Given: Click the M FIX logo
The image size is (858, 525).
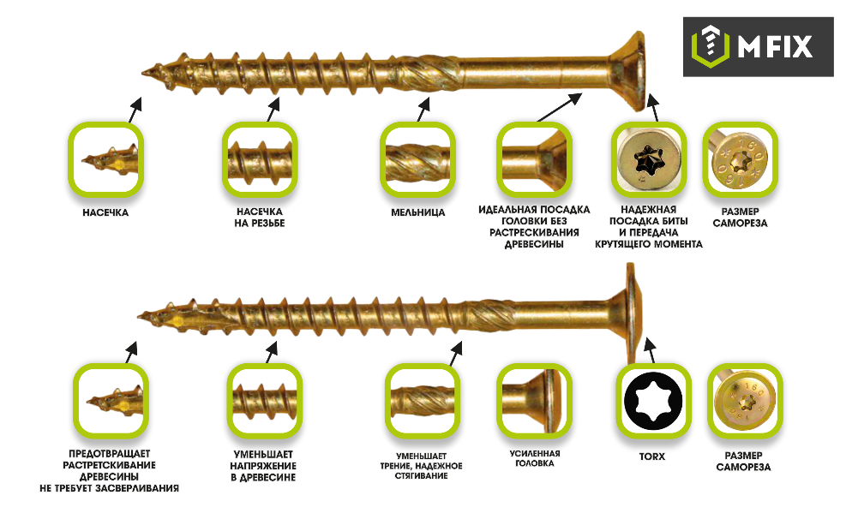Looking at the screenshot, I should [758, 46].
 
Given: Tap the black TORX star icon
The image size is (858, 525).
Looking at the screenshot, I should [652, 401].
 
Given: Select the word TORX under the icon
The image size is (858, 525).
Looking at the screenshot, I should [652, 456].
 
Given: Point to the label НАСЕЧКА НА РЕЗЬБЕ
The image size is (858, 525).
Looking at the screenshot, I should [260, 218].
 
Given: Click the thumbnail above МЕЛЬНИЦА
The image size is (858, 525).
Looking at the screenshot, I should [417, 159].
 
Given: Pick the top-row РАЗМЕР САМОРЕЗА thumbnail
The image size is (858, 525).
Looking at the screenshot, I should [740, 159].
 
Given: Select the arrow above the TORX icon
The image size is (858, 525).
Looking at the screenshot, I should [651, 350].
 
